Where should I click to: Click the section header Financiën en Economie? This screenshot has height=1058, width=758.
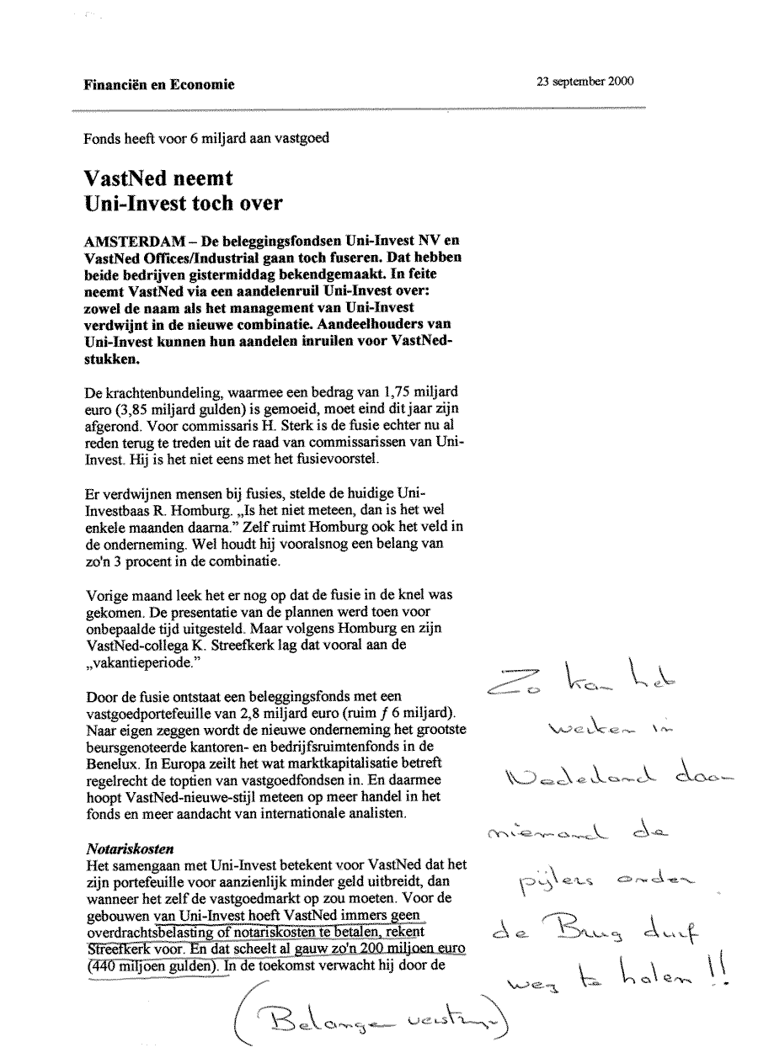[159, 84]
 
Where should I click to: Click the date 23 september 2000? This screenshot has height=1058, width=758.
[585, 82]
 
